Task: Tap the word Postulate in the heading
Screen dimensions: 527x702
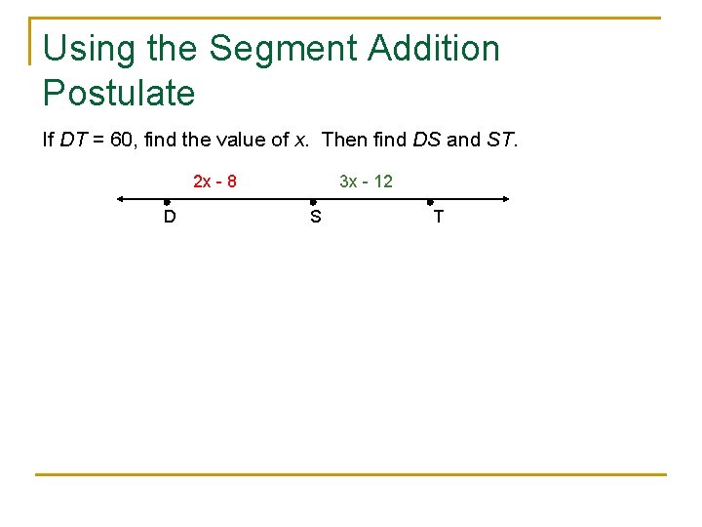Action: tap(119, 94)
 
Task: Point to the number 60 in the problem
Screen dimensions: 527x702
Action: tap(123, 140)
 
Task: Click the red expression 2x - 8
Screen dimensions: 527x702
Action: tap(214, 182)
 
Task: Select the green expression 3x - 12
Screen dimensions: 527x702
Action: tap(366, 182)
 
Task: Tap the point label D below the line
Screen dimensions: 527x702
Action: tap(170, 217)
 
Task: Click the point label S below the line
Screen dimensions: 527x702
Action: tap(315, 217)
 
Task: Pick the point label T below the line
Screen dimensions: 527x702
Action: tap(438, 217)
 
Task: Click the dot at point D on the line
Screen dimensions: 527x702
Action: tap(168, 201)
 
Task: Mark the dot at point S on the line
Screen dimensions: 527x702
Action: tap(313, 201)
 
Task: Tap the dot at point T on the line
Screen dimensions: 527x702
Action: tap(430, 201)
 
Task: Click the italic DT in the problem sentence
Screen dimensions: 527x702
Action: tap(72, 140)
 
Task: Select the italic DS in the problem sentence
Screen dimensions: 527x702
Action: tap(427, 140)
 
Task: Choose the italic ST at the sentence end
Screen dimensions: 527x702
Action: tap(500, 140)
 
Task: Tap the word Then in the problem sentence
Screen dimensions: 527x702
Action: tap(342, 140)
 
